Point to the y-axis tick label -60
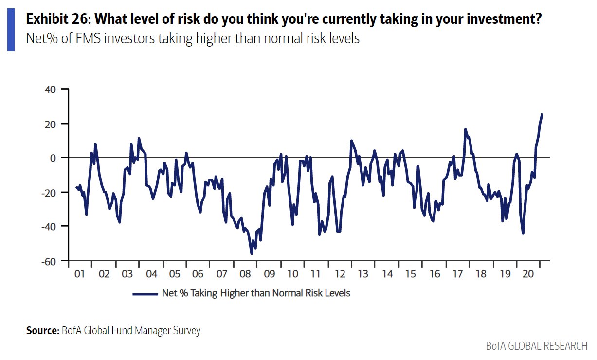pos(49,261)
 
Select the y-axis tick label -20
pos(49,192)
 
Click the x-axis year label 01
pos(80,274)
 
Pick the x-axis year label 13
pos(363,274)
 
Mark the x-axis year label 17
pos(457,274)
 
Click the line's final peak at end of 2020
pos(542,114)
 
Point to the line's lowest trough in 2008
pos(252,253)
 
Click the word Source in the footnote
pos(42,331)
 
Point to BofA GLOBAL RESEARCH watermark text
pos(536,346)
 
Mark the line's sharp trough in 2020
pos(523,234)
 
